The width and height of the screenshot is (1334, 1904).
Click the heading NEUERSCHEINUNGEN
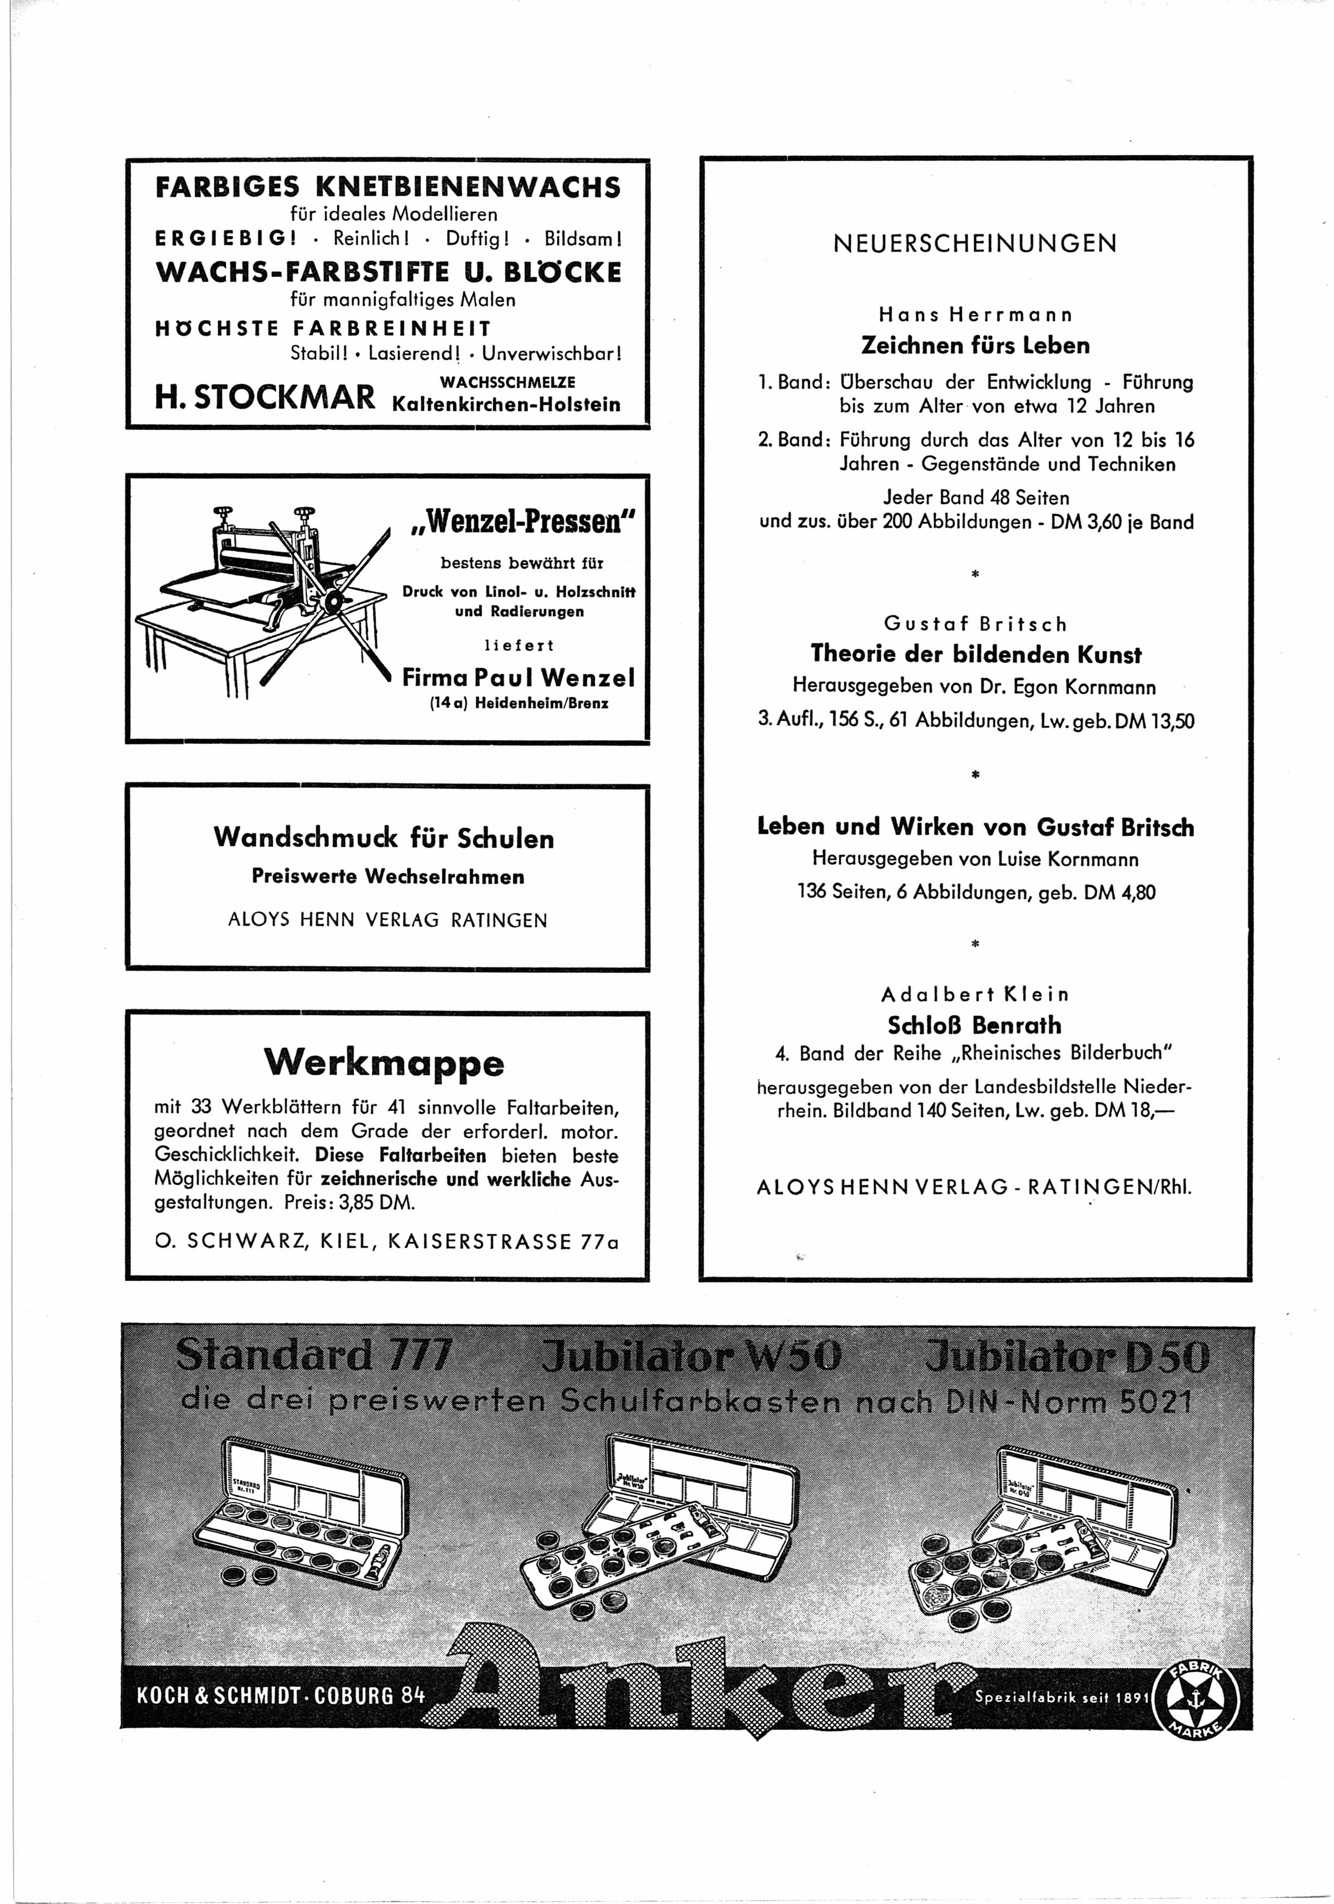point(974,244)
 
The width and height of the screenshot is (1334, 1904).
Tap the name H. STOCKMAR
point(265,397)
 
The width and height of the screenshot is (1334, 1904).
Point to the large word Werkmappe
point(384,1062)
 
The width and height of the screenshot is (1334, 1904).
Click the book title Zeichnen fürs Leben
point(975,345)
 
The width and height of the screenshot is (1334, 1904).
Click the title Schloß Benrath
point(974,1025)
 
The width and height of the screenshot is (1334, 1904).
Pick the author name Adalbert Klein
point(975,994)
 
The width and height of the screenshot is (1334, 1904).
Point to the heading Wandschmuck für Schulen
point(384,838)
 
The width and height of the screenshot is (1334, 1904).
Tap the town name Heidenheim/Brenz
point(541,703)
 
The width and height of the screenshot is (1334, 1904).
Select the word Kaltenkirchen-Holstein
point(507,405)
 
